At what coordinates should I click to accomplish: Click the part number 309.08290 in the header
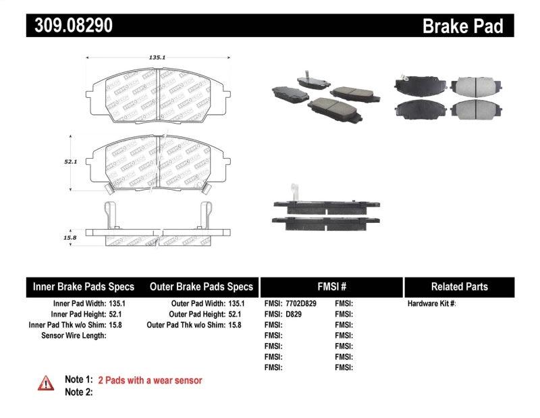tap(70, 26)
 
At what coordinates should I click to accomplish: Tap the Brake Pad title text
tap(462, 26)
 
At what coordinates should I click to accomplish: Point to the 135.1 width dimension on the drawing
tap(157, 58)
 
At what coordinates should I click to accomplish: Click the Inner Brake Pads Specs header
tap(84, 286)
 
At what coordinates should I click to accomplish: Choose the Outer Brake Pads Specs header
tap(200, 286)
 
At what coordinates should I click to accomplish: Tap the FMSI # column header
tap(331, 286)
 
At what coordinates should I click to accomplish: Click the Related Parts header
tap(459, 286)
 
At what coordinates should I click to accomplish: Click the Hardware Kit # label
tap(431, 304)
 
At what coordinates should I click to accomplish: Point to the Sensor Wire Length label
tap(74, 335)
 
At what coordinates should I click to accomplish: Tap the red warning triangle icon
tap(46, 383)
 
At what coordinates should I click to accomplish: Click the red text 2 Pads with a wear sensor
tap(150, 380)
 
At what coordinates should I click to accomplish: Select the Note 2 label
tap(78, 392)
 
